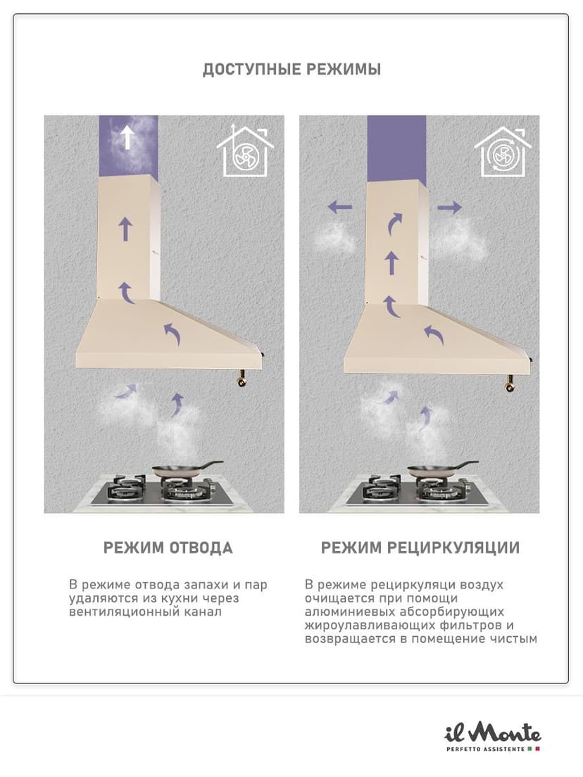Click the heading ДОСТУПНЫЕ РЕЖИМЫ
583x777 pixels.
pos(291,69)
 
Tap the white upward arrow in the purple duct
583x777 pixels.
pos(127,137)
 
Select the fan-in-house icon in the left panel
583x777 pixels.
pos(246,151)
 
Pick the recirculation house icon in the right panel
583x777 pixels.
pos(503,151)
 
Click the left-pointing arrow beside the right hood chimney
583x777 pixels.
pos(340,207)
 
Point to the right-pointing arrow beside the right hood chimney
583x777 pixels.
pos(450,207)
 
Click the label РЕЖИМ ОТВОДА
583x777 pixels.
pos(168,548)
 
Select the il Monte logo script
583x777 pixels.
pos(492,733)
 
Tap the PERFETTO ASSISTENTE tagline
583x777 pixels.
pos(485,749)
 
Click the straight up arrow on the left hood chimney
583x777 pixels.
pos(126,229)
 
